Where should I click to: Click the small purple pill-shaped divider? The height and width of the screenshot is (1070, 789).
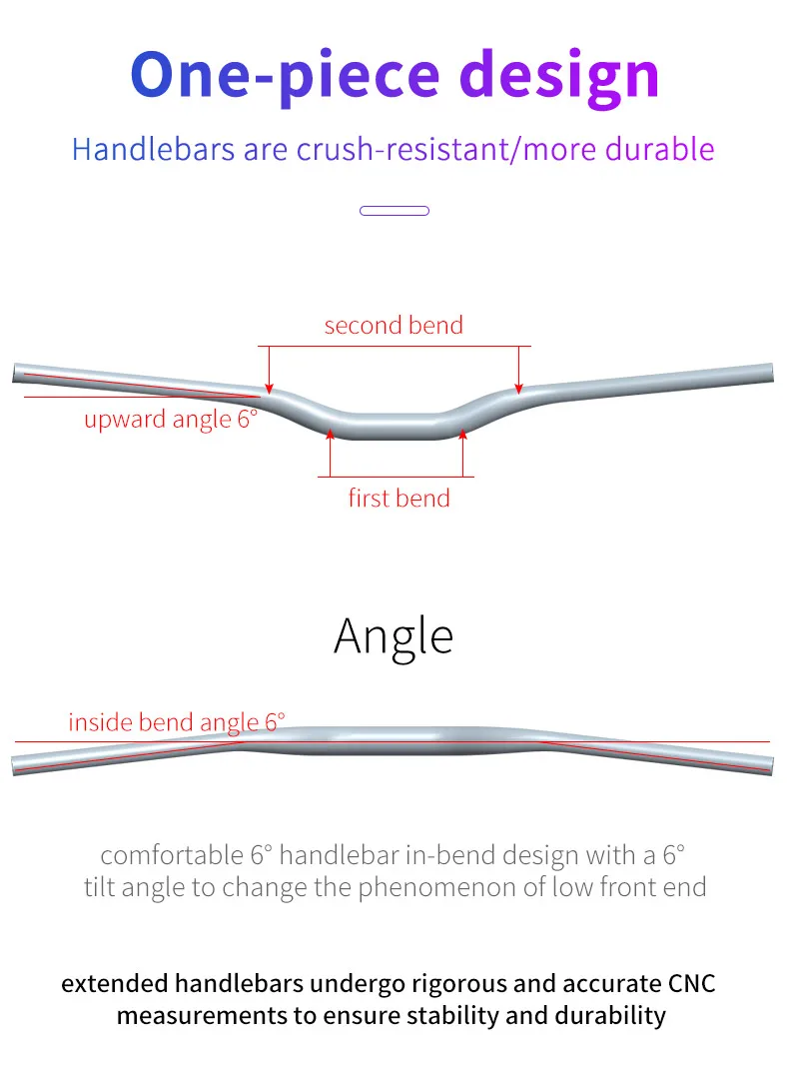coord(394,211)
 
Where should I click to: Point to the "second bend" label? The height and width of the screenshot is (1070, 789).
coord(394,325)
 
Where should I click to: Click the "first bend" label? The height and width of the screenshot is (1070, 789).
coord(398,498)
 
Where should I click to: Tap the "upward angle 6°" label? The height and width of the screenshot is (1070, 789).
coord(170,419)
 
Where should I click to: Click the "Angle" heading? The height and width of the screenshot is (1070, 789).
coord(394,635)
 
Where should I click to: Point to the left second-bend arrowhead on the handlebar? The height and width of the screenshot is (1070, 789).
coord(268,387)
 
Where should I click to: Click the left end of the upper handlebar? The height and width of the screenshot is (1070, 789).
coord(17,374)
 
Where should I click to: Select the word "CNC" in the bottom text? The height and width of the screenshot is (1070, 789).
coord(690,983)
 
